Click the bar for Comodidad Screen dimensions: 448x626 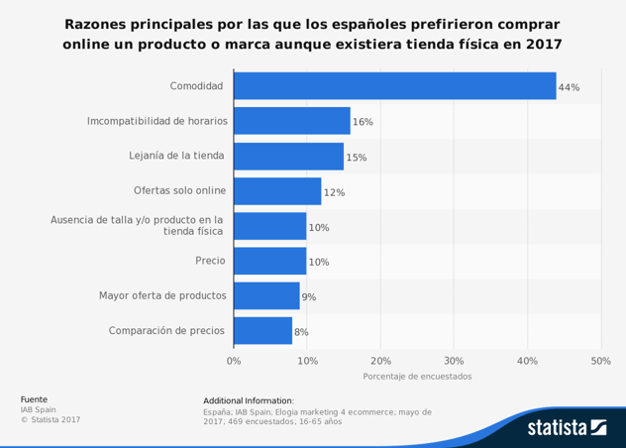coord(394,86)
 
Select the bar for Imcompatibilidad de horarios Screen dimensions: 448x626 coord(292,121)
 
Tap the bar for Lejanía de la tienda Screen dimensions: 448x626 coord(288,156)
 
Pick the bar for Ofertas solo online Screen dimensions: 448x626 coord(277,191)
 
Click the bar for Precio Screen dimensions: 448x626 coord(270,261)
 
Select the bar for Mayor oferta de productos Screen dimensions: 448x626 coord(266,295)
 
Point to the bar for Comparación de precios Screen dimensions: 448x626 coord(262,330)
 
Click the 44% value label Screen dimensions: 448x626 coord(569,87)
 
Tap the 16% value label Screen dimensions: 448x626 coord(363,122)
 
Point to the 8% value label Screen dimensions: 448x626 coord(301,331)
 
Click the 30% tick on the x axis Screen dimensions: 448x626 coord(454,361)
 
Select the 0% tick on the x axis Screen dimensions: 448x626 coord(234,361)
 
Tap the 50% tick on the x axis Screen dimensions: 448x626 coord(600,361)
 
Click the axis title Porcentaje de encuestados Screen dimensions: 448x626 coord(417,377)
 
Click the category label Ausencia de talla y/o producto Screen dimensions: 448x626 coord(138,225)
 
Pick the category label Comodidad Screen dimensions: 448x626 coord(196,86)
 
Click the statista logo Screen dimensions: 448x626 coord(567,427)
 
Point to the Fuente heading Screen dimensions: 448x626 coord(34,398)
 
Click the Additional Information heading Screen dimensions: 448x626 coord(249,399)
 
